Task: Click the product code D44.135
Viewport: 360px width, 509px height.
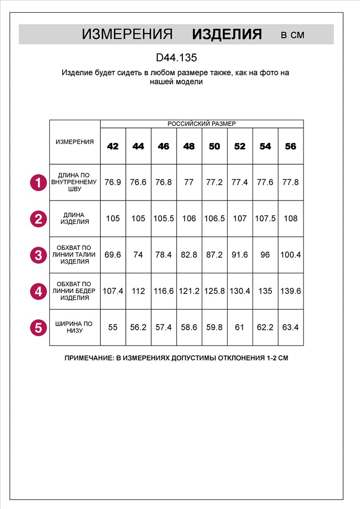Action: (176, 58)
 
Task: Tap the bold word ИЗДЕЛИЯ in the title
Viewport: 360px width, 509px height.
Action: (227, 35)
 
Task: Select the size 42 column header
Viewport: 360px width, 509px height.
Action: (113, 147)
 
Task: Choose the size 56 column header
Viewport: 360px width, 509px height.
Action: (291, 147)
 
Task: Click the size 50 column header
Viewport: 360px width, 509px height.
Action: (214, 147)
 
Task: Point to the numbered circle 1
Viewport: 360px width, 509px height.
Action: (38, 182)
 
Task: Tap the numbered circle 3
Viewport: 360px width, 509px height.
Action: (38, 255)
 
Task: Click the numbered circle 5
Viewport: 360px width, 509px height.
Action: (38, 327)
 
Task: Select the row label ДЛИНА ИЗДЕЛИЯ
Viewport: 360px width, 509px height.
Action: (74, 218)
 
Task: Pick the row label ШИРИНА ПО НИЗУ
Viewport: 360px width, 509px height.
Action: (74, 327)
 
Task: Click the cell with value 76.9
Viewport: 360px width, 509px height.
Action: (113, 182)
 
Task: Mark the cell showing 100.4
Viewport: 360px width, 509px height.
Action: (291, 255)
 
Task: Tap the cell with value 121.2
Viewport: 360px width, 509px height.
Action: (189, 291)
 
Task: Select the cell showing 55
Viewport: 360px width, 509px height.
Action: (113, 327)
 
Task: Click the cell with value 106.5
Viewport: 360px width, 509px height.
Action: (214, 218)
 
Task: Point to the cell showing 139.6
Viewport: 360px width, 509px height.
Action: (291, 291)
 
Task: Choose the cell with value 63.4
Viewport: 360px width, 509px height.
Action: (291, 327)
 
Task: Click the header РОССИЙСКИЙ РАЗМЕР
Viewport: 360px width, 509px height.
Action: (202, 124)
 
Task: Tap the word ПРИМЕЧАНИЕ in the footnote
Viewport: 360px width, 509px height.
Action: (89, 358)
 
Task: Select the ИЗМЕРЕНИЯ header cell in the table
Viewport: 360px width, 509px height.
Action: (75, 142)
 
